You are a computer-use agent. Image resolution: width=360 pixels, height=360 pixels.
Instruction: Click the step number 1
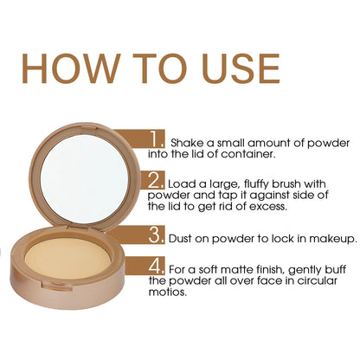(157, 138)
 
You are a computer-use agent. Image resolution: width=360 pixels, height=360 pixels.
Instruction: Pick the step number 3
(157, 235)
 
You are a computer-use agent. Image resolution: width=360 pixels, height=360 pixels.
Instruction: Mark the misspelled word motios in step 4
(171, 292)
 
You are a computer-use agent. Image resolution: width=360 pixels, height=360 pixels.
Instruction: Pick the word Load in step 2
(183, 184)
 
